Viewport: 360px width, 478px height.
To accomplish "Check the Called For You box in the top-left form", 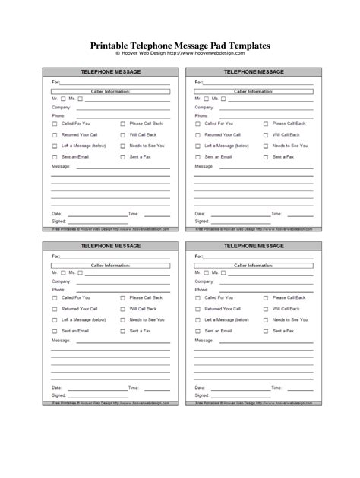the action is click(55, 122).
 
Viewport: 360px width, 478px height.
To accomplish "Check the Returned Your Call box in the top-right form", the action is click(197, 134).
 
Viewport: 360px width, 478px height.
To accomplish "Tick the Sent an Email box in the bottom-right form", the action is click(197, 331).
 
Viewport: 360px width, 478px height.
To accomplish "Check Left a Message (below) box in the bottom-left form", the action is click(55, 320).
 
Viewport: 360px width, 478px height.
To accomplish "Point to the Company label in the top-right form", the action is click(203, 107).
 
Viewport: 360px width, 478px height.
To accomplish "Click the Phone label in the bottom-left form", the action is click(58, 289).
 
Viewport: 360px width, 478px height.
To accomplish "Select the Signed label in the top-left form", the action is click(58, 222).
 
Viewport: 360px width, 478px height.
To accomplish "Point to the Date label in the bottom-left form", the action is click(56, 388).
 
